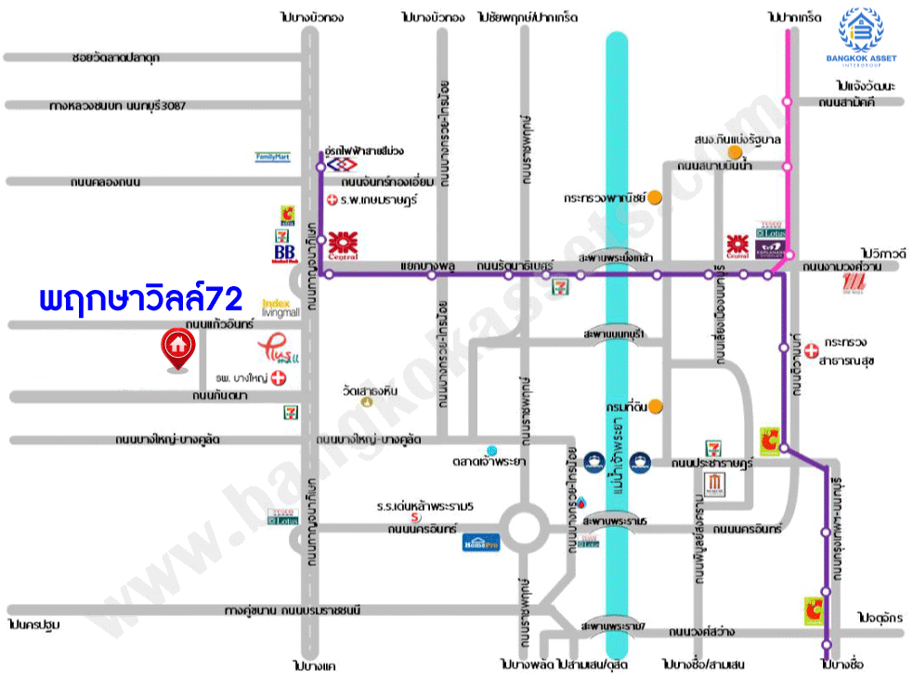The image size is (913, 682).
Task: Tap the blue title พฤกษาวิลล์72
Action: click(x=141, y=299)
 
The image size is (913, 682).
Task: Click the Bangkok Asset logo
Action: click(x=865, y=38)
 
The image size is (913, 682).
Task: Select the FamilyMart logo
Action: click(x=273, y=157)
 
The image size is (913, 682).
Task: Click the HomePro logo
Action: click(x=482, y=543)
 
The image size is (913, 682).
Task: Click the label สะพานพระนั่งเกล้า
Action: click(x=613, y=256)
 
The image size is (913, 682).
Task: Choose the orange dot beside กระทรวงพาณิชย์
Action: click(x=655, y=197)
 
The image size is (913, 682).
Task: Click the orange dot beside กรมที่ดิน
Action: click(x=656, y=405)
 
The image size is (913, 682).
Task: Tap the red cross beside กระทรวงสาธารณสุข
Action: click(x=812, y=350)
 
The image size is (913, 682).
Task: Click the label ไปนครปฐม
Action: click(x=33, y=624)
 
